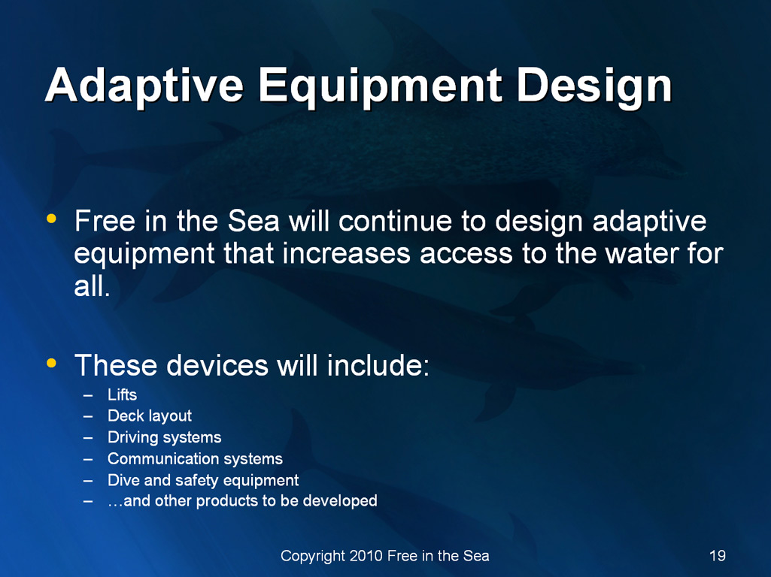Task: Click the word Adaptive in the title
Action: (144, 86)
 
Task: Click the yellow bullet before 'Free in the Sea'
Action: (51, 219)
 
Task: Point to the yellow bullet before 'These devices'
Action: (51, 364)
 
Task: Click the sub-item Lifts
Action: (123, 395)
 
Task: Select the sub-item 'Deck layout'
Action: (150, 416)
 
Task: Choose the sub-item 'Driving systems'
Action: (164, 437)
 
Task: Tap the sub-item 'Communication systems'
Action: (196, 458)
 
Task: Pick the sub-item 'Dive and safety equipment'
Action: (203, 480)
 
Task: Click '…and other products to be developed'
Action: (242, 501)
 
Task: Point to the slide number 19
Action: (718, 556)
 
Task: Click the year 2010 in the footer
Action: (366, 556)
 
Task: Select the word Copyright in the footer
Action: (313, 557)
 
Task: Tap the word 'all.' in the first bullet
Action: (92, 285)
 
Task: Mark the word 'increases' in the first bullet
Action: (346, 254)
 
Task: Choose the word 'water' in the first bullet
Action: (642, 254)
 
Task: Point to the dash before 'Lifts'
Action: (88, 395)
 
